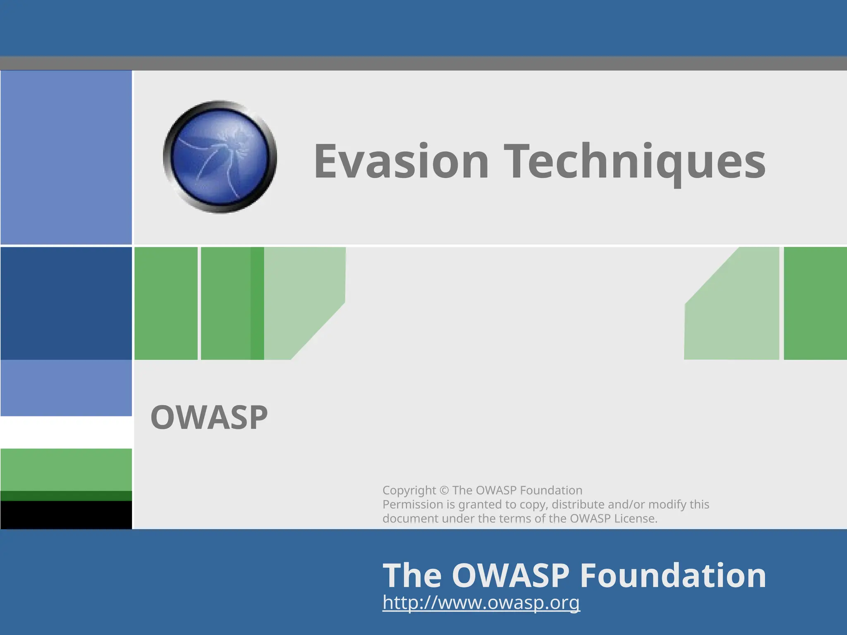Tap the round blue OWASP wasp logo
coord(220,157)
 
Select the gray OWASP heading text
coord(209,418)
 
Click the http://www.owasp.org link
coord(481,602)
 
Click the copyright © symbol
coord(444,490)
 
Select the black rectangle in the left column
coord(66,515)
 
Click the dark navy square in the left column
coord(66,303)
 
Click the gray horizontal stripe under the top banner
coord(423,63)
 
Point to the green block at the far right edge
coord(815,303)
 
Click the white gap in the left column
coord(66,432)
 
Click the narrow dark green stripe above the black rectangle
coord(66,496)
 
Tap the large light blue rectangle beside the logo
coord(66,157)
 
